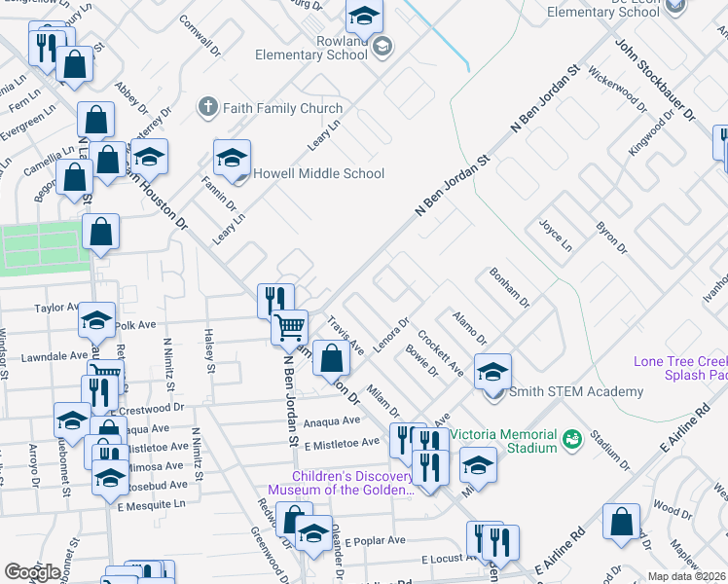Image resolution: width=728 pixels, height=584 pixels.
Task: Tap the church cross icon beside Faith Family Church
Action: pyautogui.click(x=206, y=107)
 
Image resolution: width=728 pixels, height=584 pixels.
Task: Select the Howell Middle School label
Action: pyautogui.click(x=319, y=174)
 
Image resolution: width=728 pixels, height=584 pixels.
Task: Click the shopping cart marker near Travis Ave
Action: pyautogui.click(x=289, y=327)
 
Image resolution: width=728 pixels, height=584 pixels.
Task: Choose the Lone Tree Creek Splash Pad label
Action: pyautogui.click(x=681, y=368)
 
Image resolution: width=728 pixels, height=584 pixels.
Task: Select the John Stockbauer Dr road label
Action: pyautogui.click(x=655, y=79)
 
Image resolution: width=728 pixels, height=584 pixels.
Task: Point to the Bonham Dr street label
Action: pyautogui.click(x=509, y=288)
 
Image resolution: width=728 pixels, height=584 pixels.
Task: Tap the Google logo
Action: pyautogui.click(x=32, y=572)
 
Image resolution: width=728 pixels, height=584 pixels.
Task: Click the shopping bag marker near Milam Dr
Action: pyautogui.click(x=332, y=359)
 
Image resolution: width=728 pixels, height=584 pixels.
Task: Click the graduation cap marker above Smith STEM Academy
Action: pyautogui.click(x=493, y=371)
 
